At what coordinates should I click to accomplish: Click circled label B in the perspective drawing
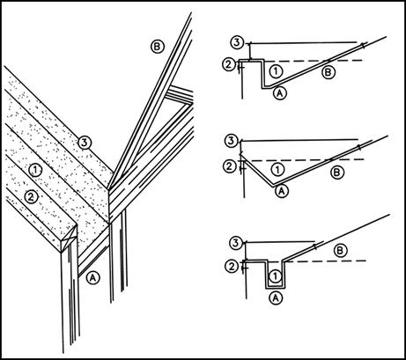click(158, 47)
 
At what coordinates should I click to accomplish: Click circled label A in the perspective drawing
click(93, 277)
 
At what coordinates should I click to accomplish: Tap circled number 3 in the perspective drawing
click(85, 143)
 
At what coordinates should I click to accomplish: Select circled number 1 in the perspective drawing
click(35, 170)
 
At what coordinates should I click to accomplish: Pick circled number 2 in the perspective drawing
click(31, 197)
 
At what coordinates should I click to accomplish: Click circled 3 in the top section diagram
click(237, 43)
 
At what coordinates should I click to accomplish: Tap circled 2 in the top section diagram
click(229, 64)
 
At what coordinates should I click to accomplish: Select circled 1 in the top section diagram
click(276, 70)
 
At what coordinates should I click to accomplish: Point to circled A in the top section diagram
click(280, 93)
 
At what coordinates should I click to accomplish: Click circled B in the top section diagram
click(328, 72)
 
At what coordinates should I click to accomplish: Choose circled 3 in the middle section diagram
click(232, 141)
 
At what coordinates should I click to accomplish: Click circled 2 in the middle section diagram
click(230, 166)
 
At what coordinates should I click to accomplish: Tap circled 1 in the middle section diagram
click(277, 169)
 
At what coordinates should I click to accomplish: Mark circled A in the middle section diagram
click(282, 191)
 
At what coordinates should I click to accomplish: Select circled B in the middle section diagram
click(337, 173)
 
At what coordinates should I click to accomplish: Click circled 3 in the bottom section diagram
click(236, 243)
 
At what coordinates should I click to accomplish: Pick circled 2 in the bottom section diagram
click(232, 267)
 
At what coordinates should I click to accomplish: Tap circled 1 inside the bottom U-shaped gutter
click(275, 276)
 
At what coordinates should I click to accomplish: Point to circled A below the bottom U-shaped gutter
click(276, 298)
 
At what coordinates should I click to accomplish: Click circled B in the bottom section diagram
click(341, 251)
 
